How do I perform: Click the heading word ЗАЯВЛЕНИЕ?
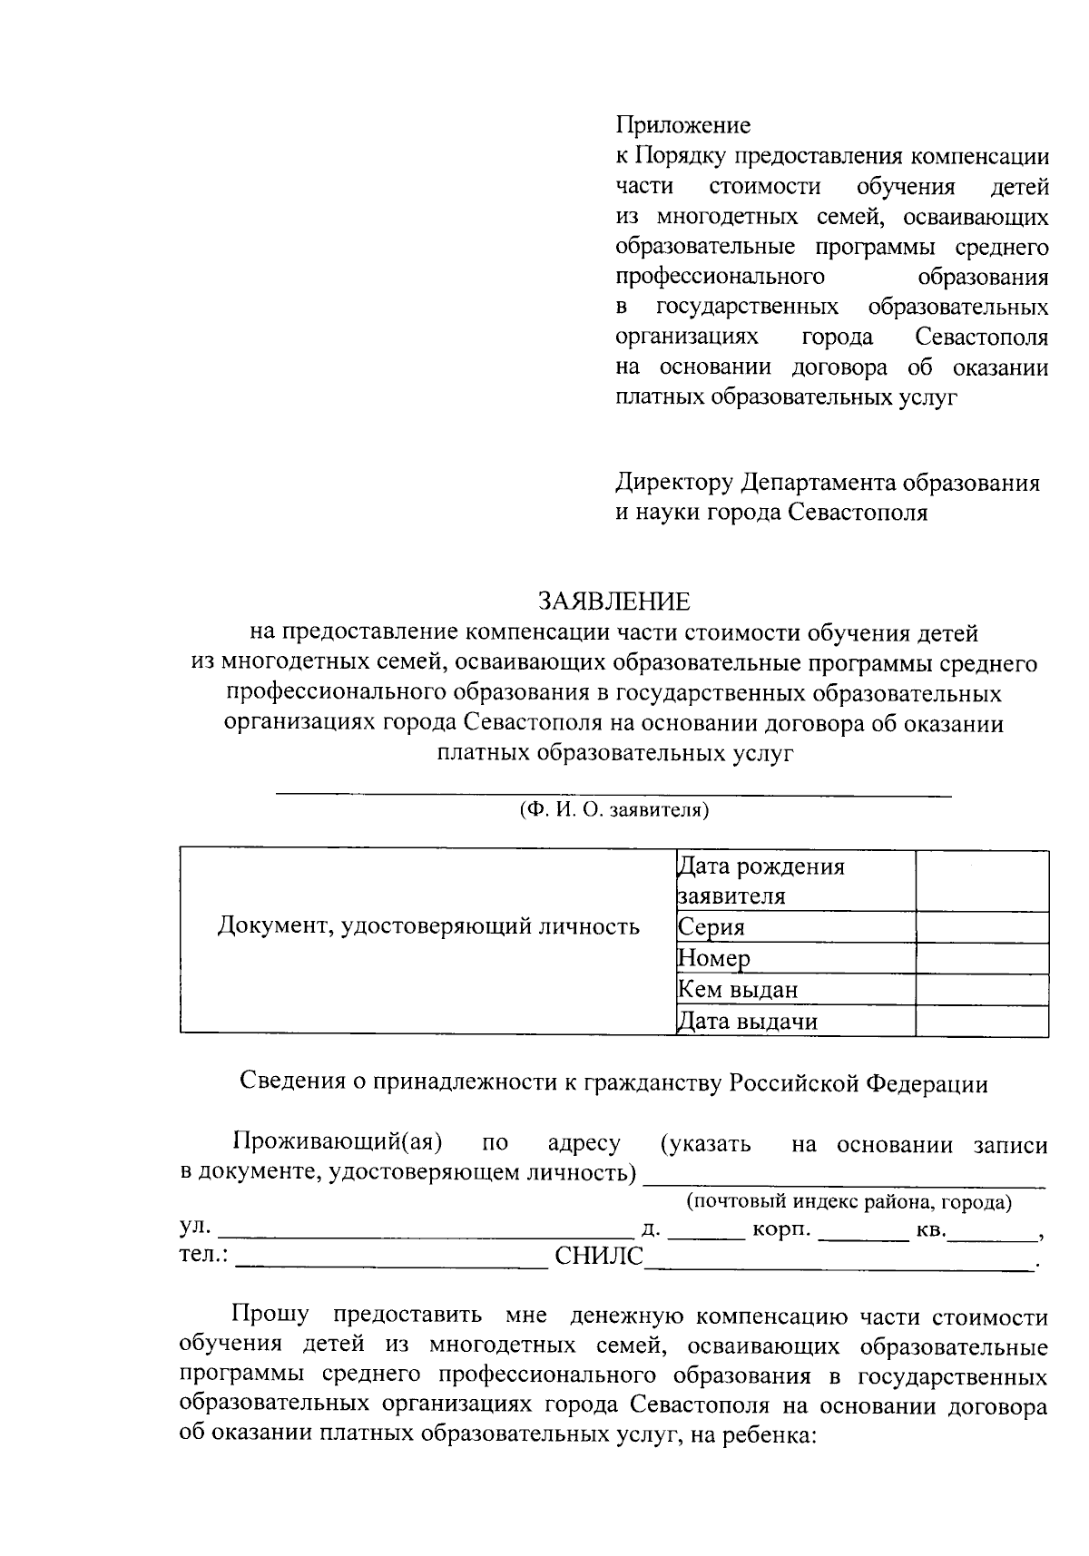tap(613, 602)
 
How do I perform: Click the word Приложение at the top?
tap(683, 124)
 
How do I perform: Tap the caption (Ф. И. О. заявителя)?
tap(613, 810)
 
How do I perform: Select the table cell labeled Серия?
tap(795, 927)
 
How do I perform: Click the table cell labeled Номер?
tap(795, 959)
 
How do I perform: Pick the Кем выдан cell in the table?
tap(795, 990)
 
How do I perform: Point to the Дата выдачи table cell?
tap(795, 1022)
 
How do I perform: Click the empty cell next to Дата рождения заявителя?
tap(982, 881)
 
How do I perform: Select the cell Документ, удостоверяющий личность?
tap(428, 926)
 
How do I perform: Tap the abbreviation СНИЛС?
tap(598, 1257)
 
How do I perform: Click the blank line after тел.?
tap(392, 1261)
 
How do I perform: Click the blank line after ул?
tap(427, 1235)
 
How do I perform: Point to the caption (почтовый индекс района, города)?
tap(849, 1202)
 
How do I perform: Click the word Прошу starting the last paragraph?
tap(270, 1315)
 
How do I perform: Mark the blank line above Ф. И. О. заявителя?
tap(613, 794)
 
